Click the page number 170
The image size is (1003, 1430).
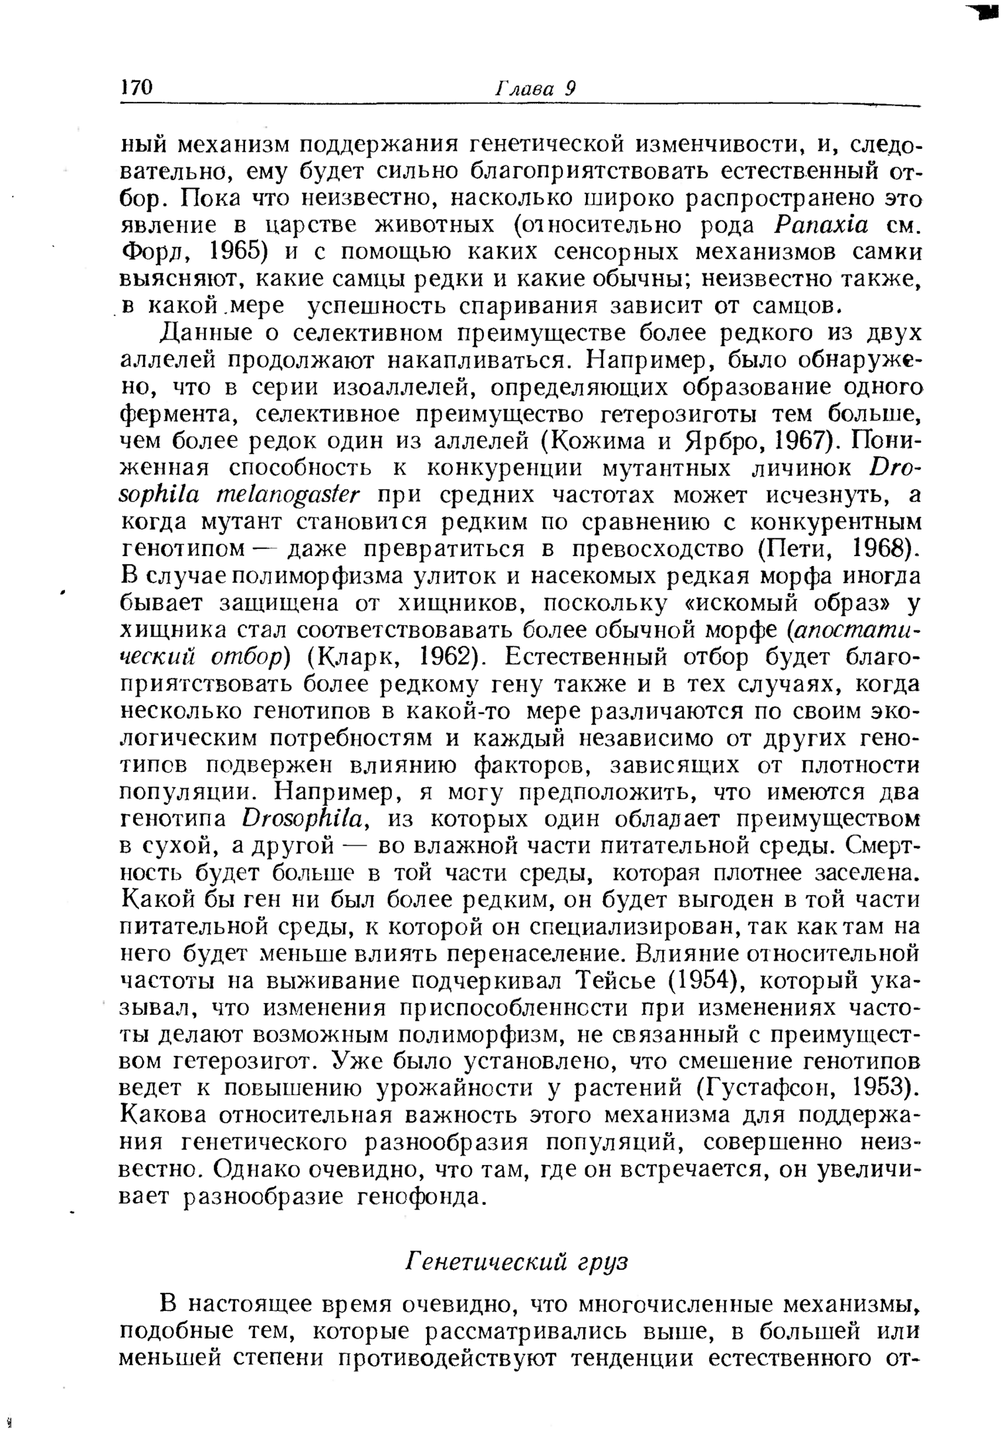(137, 88)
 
